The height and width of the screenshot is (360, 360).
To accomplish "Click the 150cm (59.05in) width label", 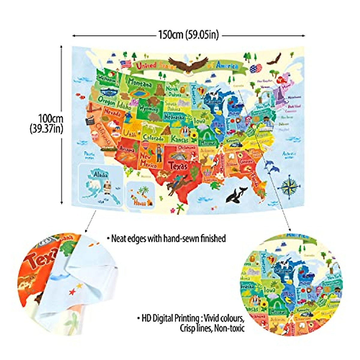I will [x=188, y=35].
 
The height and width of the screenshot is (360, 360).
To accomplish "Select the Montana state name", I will [x=140, y=82].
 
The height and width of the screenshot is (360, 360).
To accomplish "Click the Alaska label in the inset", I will [x=101, y=174].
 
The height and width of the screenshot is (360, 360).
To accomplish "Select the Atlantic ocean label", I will [x=289, y=155].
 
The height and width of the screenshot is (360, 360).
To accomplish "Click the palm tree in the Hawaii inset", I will [x=145, y=190].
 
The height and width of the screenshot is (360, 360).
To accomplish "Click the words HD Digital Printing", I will [x=170, y=318].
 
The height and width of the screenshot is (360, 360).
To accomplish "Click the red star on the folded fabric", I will [x=72, y=292].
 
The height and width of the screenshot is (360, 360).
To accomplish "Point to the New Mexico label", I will [x=148, y=161].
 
